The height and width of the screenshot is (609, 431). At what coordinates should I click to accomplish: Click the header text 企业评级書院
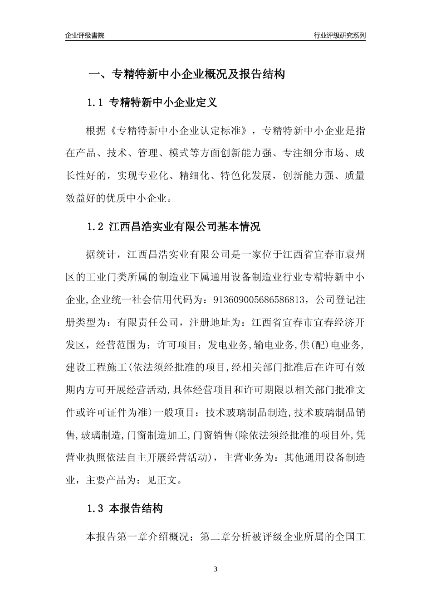point(85,35)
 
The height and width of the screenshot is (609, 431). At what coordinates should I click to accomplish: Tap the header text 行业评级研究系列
point(339,35)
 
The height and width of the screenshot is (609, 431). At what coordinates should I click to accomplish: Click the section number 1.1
point(96,103)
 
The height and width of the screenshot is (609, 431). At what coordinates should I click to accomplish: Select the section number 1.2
point(96,227)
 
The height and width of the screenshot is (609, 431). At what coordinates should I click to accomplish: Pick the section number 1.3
point(96,509)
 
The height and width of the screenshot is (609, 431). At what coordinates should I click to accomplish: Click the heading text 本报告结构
point(136,509)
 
